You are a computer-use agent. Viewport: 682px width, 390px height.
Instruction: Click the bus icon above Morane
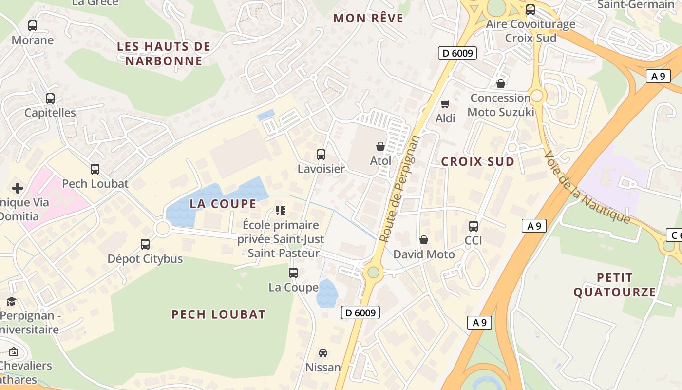tap(33, 26)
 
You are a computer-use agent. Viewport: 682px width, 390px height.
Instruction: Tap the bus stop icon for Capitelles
tap(50, 98)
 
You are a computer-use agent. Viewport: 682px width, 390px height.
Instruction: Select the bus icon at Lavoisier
tap(321, 155)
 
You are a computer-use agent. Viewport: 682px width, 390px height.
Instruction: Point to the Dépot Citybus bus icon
tap(145, 244)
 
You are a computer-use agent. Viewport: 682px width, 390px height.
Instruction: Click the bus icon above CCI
tap(474, 226)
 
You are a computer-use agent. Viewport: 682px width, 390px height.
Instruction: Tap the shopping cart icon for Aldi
tap(445, 104)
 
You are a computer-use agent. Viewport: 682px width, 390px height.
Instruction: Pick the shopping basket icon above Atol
tap(380, 146)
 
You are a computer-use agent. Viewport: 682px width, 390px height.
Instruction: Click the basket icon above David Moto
tap(424, 240)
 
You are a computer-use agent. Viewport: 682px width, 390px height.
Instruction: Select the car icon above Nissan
tap(323, 353)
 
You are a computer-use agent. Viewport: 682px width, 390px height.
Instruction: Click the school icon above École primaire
tap(281, 211)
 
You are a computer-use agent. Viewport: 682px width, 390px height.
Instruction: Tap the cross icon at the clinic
tap(18, 188)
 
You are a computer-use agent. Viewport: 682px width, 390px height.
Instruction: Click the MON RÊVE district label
tap(368, 19)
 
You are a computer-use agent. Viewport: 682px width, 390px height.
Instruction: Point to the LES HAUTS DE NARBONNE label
tap(164, 54)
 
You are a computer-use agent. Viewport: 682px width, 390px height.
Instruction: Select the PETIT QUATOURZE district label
tap(614, 285)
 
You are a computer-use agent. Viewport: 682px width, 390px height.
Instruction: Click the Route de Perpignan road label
tap(399, 189)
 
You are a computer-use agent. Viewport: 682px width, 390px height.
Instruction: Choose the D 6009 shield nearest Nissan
tap(360, 312)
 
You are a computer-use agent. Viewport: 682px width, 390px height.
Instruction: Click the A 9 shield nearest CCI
tap(534, 226)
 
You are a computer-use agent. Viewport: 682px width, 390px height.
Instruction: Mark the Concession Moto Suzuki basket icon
tap(501, 84)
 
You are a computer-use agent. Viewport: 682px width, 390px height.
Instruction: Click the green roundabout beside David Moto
tap(373, 272)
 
